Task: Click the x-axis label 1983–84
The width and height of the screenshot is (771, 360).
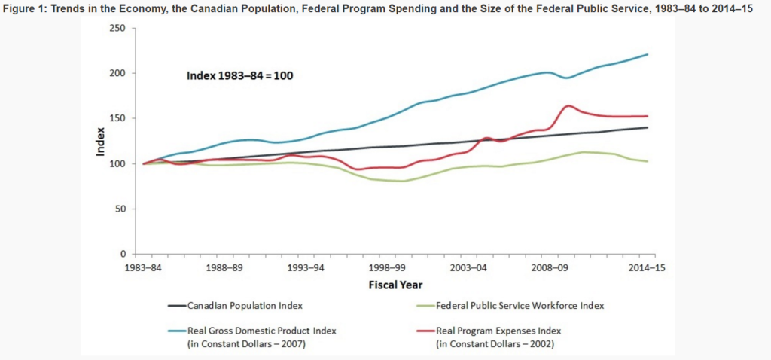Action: pos(144,267)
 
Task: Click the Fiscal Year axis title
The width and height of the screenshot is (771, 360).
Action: pos(395,285)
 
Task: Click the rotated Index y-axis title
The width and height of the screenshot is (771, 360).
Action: pos(101,141)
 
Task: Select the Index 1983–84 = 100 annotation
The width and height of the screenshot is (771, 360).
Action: pos(240,75)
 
